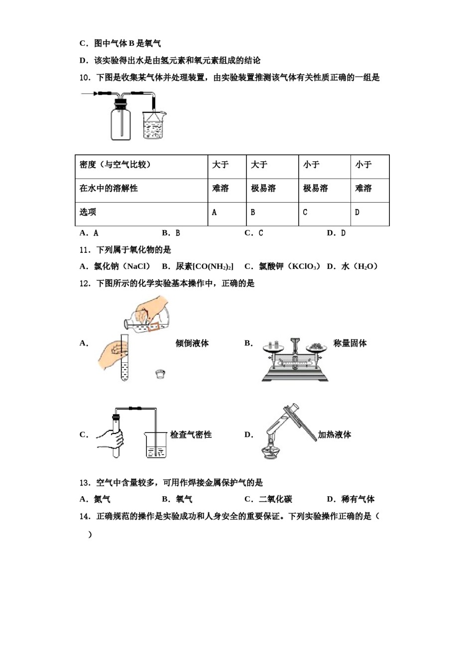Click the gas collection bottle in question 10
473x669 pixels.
point(120,121)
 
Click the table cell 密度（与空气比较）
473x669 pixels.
point(115,165)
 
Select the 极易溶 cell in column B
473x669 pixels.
point(263,188)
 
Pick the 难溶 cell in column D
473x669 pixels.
point(363,188)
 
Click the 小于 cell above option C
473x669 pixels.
point(312,165)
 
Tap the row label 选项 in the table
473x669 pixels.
point(88,212)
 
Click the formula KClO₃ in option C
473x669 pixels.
point(304,266)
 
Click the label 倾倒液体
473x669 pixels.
point(192,343)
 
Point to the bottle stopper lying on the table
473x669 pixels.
point(160,373)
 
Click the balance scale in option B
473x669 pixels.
point(295,360)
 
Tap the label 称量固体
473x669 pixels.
point(350,343)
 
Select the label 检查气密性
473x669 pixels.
point(191,435)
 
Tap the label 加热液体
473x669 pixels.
point(335,435)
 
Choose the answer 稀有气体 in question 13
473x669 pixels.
point(357,499)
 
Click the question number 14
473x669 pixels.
point(85,516)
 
